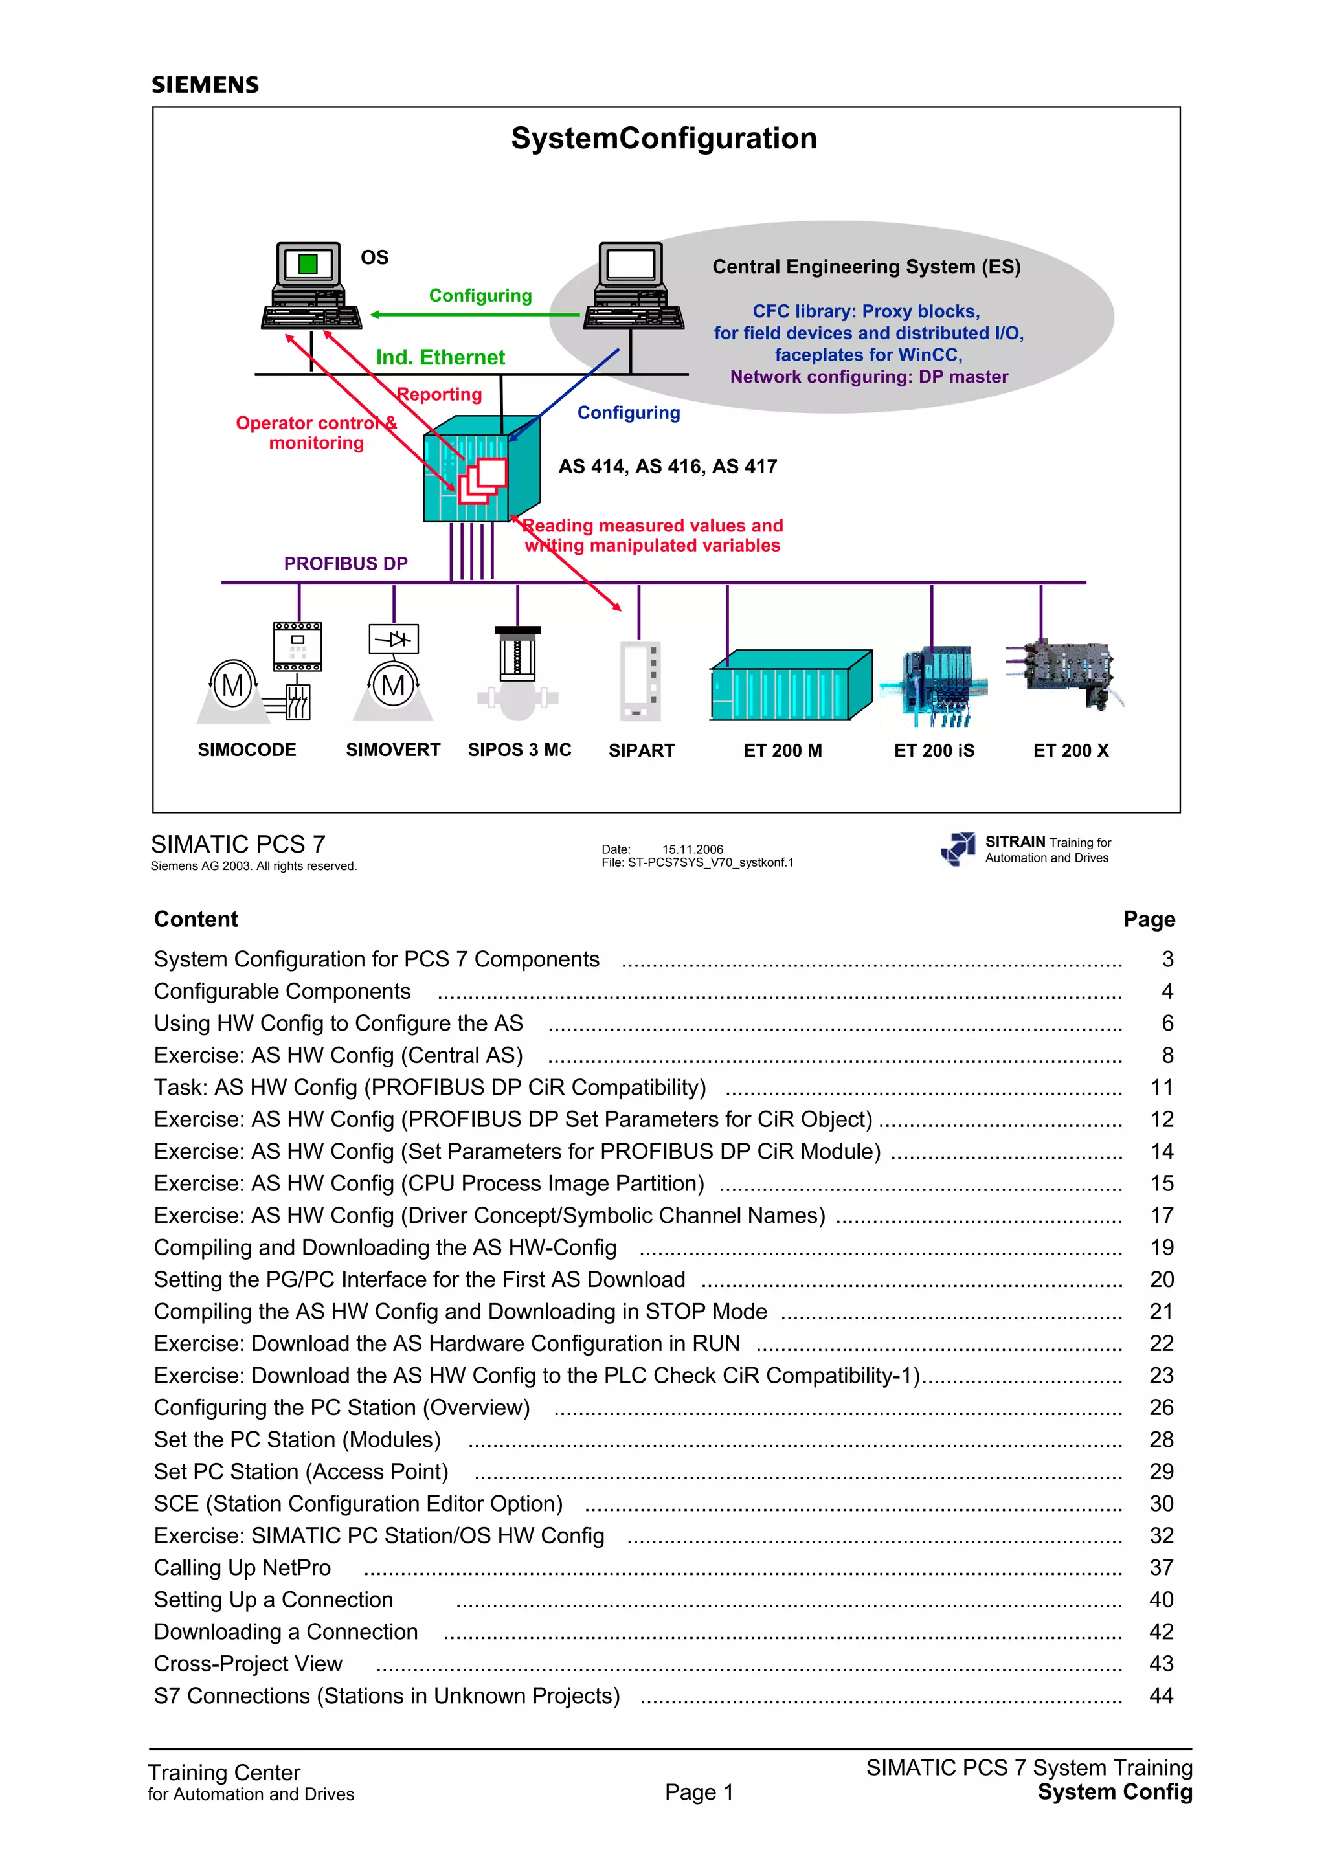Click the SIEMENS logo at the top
coord(205,85)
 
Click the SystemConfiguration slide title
coord(664,138)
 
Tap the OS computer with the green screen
coord(309,285)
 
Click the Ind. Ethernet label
coord(440,357)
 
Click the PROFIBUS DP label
coord(346,563)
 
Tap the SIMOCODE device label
coord(247,749)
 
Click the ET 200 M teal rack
coord(789,686)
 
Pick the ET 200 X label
coord(1070,750)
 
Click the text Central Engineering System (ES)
coord(866,266)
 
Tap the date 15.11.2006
coord(692,849)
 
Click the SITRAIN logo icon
coord(958,849)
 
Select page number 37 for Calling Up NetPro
coord(1161,1567)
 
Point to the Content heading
coord(196,919)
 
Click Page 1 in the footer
coord(699,1792)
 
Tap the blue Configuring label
coord(628,412)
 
